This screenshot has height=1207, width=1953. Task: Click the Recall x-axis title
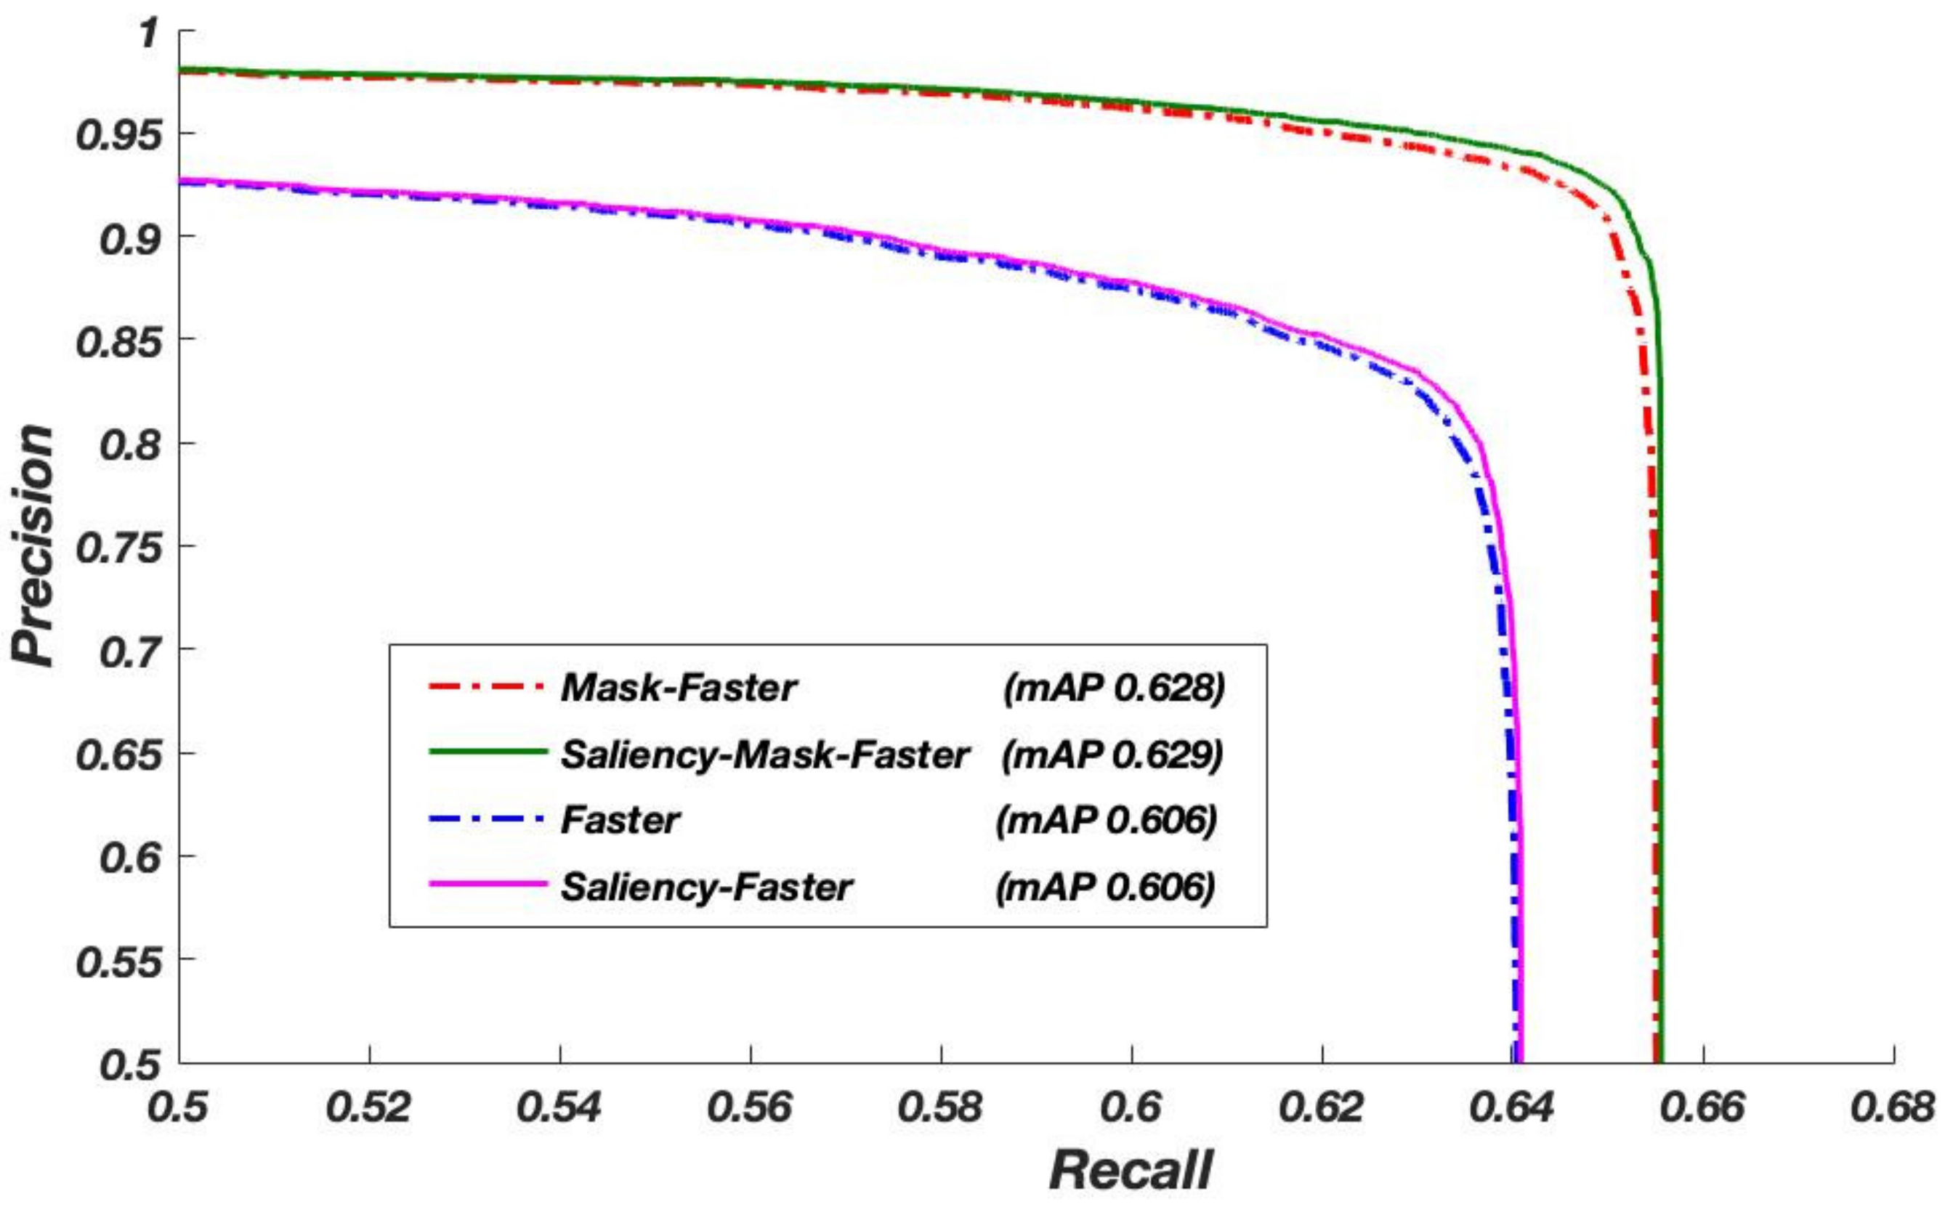point(1131,1170)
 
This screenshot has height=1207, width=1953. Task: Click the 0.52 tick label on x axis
point(369,1108)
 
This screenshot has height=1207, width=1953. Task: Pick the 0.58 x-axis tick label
point(941,1108)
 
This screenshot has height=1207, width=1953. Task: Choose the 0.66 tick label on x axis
point(1703,1108)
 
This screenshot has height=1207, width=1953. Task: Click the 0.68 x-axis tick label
point(1893,1108)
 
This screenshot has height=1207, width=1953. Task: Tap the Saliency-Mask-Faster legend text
point(765,755)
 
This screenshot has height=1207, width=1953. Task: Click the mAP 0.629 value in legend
point(1113,755)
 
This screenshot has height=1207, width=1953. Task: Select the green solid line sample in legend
point(487,752)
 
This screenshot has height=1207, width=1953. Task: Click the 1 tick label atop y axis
point(148,33)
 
